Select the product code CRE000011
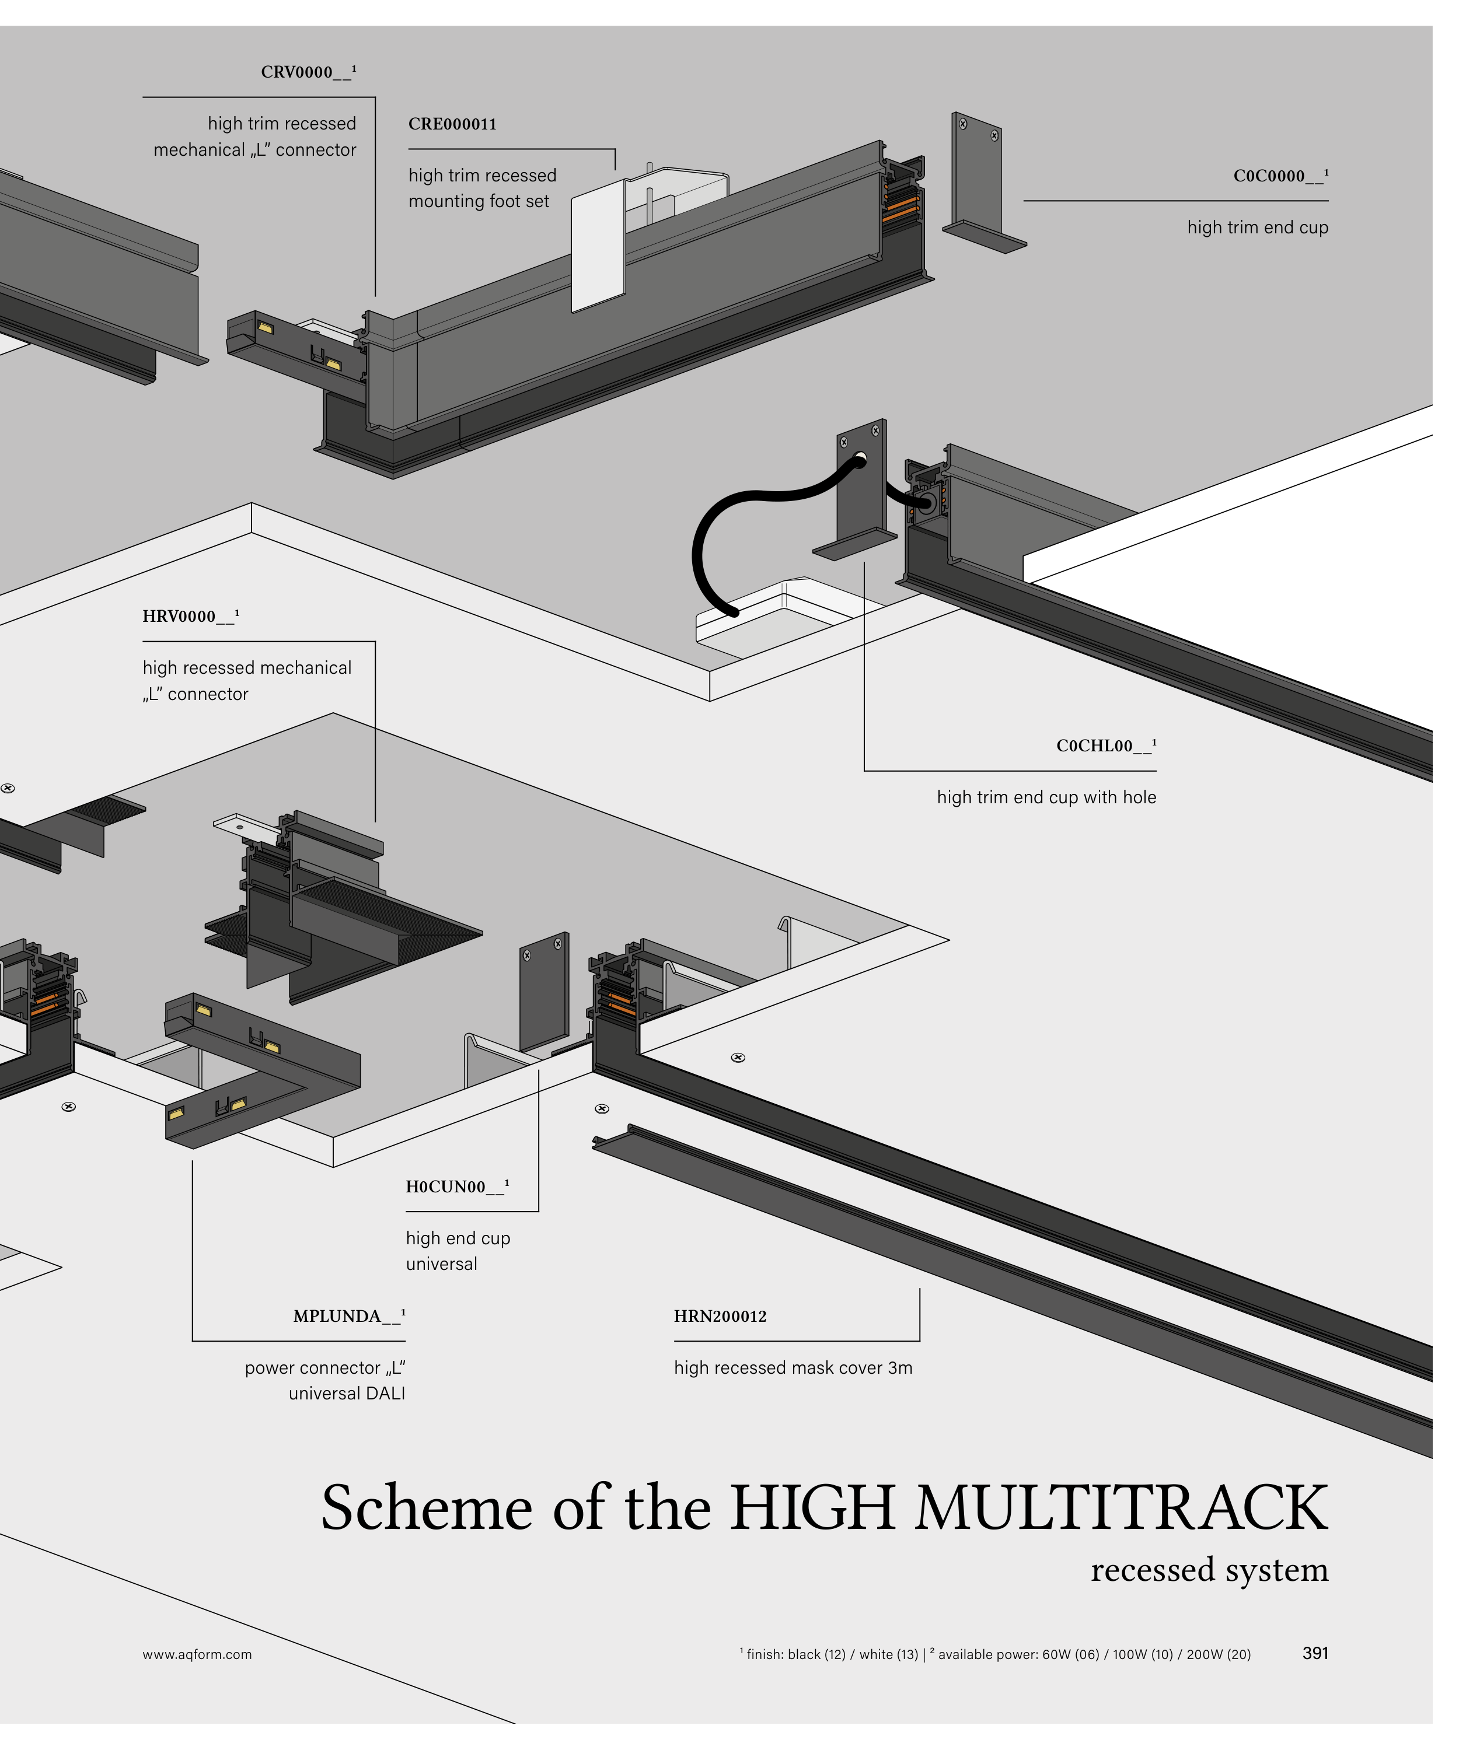pyautogui.click(x=452, y=124)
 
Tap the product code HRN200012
pyautogui.click(x=720, y=1316)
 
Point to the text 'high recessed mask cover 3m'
pyautogui.click(x=793, y=1367)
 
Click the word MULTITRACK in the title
pyautogui.click(x=1121, y=1508)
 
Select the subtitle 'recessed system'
pyautogui.click(x=1209, y=1570)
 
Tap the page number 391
pyautogui.click(x=1315, y=1653)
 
